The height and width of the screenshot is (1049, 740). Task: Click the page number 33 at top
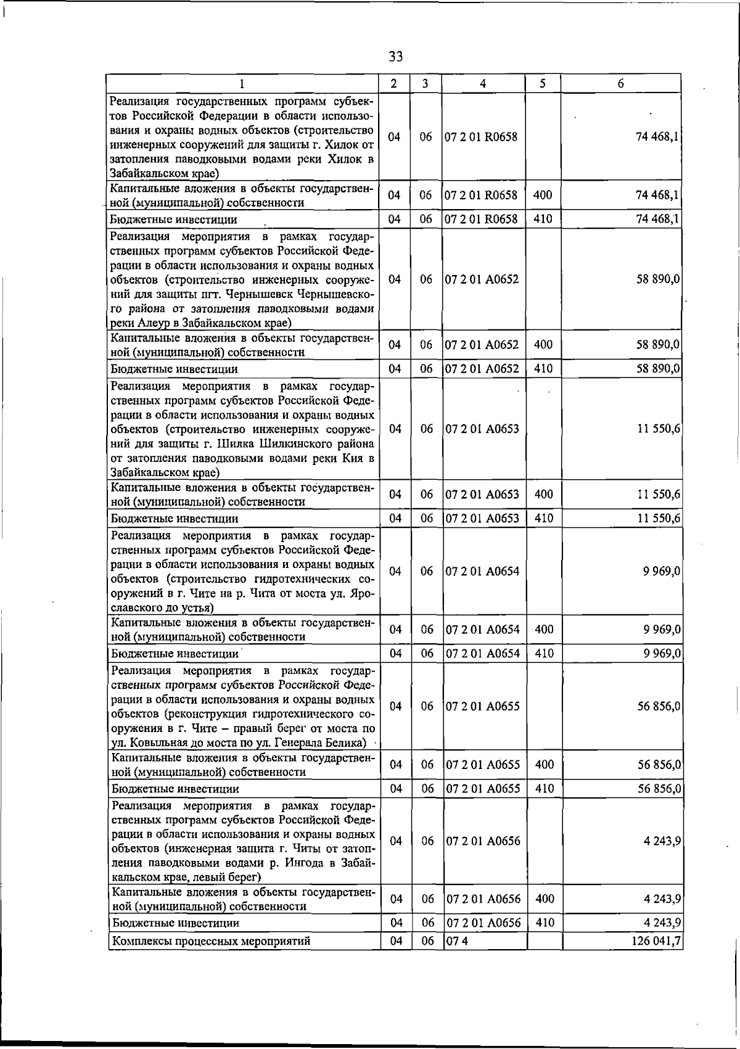point(396,57)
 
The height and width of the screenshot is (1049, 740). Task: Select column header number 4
point(483,83)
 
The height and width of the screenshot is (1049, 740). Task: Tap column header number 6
point(620,83)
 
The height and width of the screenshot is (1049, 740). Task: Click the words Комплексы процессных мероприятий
point(210,940)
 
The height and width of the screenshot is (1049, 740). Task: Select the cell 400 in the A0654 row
point(543,630)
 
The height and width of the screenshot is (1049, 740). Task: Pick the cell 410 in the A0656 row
point(545,923)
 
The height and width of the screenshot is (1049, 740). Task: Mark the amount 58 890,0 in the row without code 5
point(658,279)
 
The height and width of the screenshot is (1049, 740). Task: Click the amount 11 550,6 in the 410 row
point(658,519)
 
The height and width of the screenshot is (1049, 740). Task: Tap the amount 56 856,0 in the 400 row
point(658,765)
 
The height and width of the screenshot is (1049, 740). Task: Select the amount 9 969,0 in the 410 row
point(661,653)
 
